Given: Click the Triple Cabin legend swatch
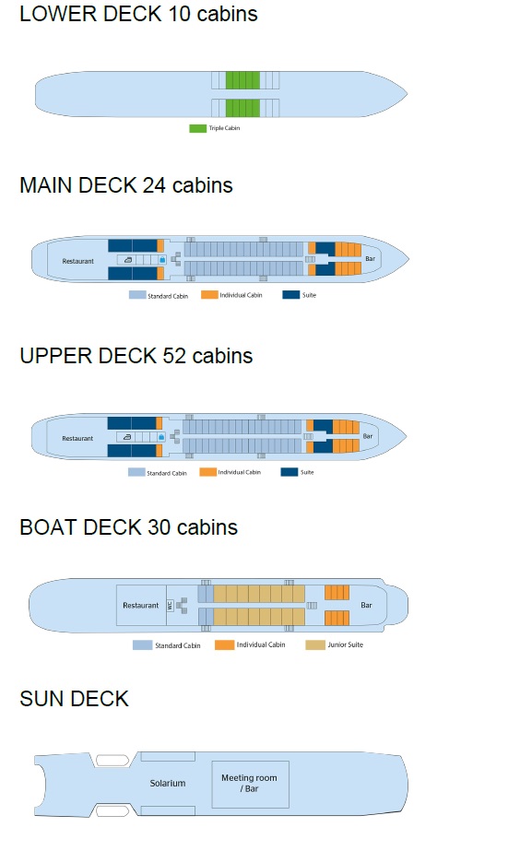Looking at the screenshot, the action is (x=197, y=128).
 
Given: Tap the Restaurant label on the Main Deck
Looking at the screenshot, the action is (x=77, y=261).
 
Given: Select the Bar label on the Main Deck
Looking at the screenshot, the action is (x=371, y=259).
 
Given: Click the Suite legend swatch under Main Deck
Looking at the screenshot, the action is (x=291, y=295).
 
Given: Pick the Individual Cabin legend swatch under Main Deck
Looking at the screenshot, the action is (x=209, y=295).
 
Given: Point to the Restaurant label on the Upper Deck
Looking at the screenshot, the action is (x=77, y=439).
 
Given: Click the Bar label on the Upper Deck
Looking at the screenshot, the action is (x=368, y=436).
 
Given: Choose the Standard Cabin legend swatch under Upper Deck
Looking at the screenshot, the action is (x=136, y=472).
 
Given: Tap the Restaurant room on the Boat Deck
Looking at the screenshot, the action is (x=141, y=605).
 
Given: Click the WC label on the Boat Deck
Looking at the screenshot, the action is (x=170, y=605).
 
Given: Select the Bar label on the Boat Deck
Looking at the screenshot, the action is (x=366, y=605).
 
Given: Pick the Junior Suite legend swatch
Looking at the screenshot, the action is (x=315, y=644).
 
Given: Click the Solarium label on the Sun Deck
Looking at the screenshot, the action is (x=168, y=783).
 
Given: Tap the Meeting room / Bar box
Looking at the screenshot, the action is (x=250, y=785).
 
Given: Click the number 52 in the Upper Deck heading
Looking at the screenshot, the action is (x=174, y=356).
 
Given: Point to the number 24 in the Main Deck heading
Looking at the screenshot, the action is (x=154, y=185).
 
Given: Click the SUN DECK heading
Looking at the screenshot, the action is (x=75, y=699).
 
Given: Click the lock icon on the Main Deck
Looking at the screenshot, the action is (x=161, y=260).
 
